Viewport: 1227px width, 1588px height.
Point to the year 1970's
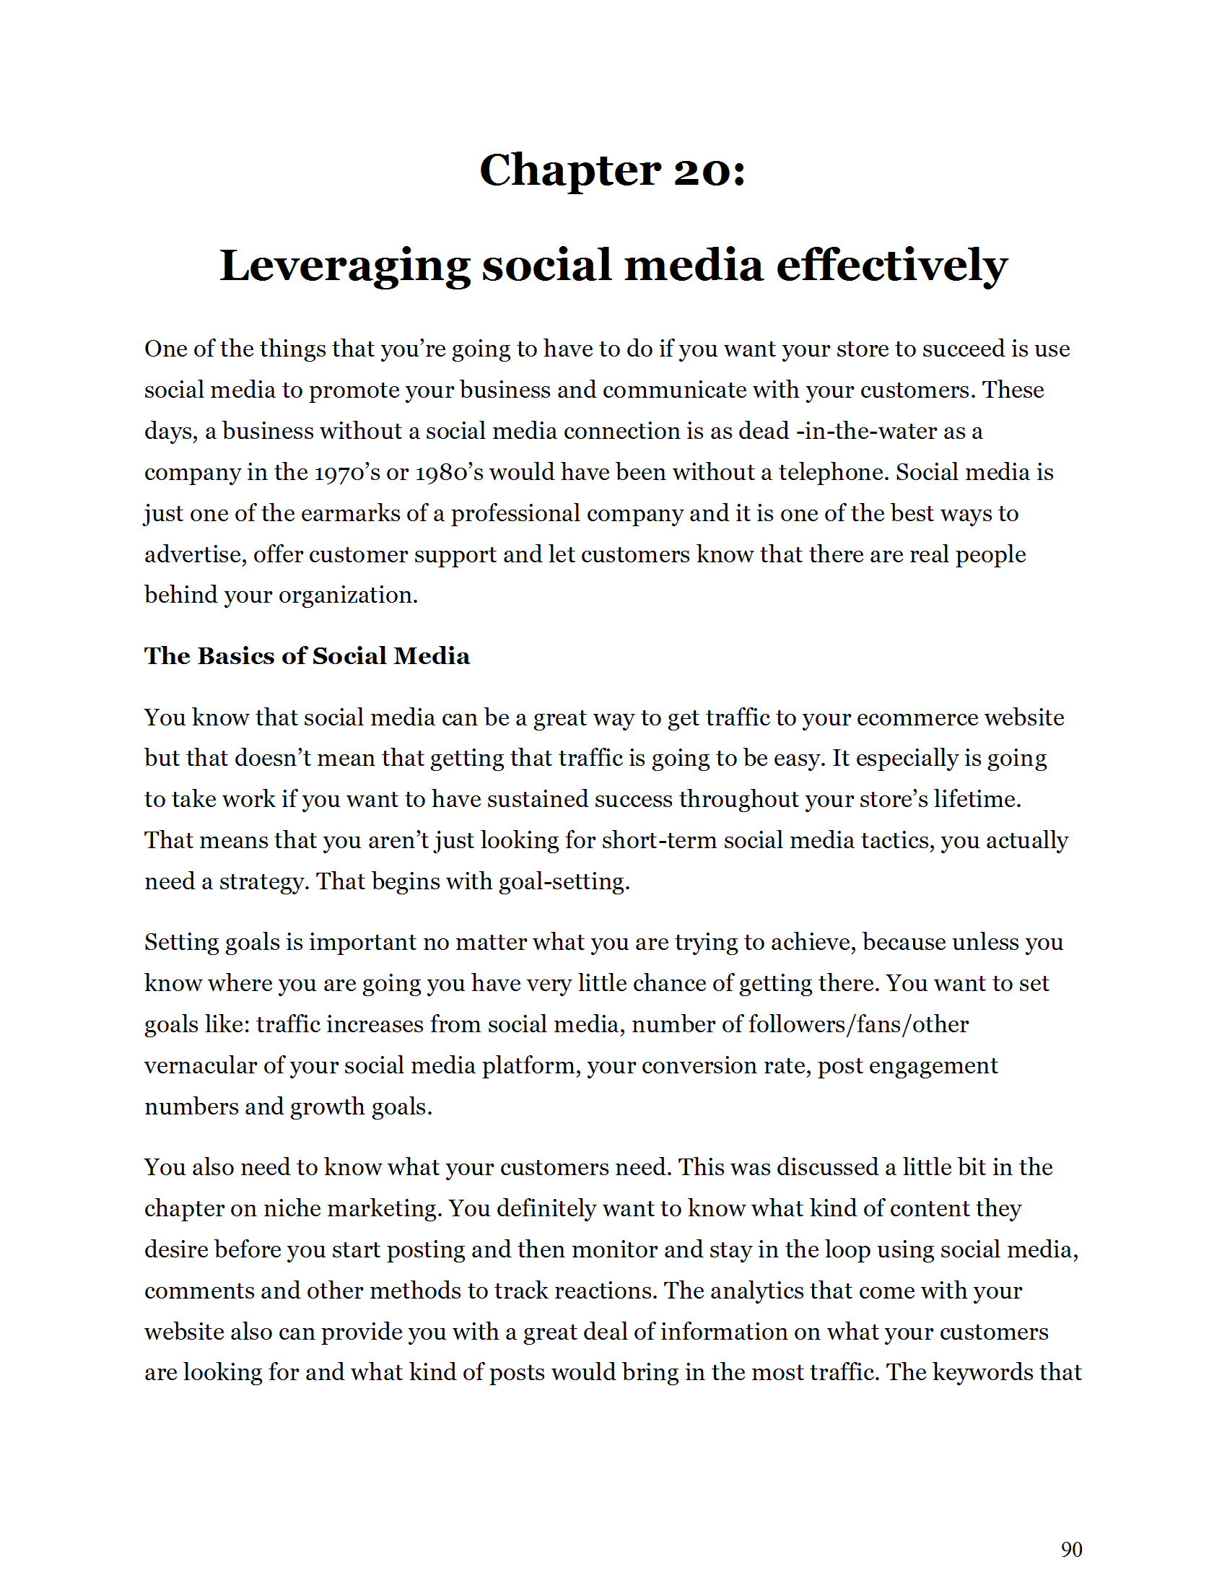pos(346,473)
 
